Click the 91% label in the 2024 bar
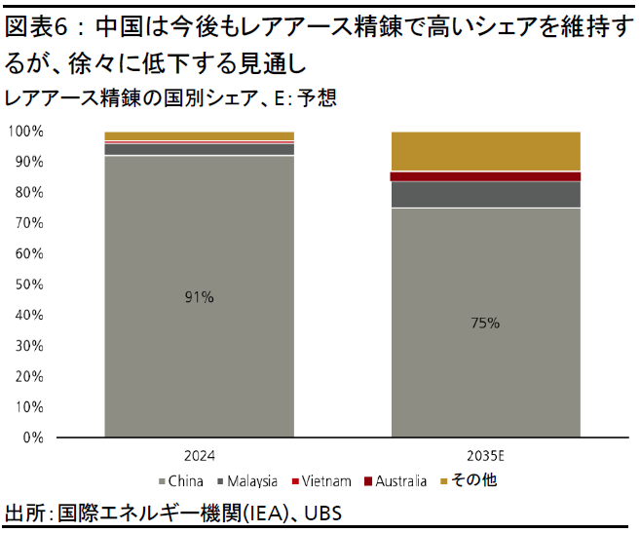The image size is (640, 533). coord(199,298)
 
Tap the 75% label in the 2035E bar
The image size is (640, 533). coord(485,323)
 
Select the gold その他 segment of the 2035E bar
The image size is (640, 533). coord(485,151)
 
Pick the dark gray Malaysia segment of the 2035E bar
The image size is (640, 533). coord(485,194)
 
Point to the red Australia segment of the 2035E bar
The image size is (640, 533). coord(485,176)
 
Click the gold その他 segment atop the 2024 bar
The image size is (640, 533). coord(199,135)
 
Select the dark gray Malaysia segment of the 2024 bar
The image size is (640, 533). coord(199,149)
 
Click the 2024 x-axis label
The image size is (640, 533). coord(199,455)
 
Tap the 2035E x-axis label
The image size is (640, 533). coord(486,455)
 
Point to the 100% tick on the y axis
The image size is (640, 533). coord(26,131)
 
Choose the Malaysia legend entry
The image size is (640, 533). coord(247,480)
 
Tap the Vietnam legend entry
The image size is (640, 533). coord(320,480)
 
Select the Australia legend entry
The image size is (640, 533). coord(395,480)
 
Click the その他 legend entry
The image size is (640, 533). coord(470,480)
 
